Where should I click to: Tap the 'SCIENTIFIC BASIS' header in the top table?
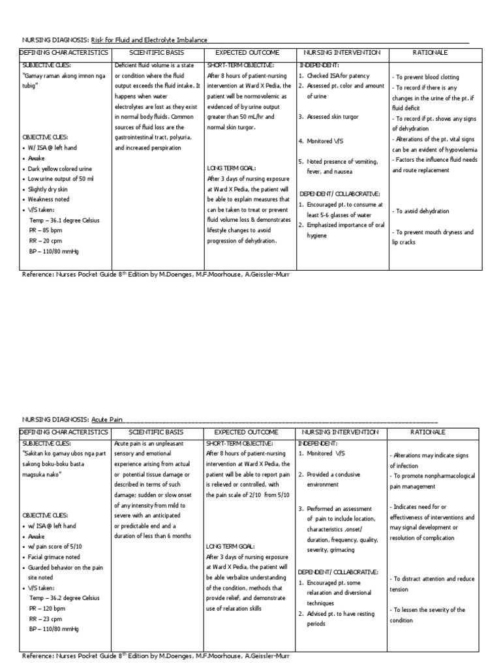157,52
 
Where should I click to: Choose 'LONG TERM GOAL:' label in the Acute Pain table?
231,547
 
